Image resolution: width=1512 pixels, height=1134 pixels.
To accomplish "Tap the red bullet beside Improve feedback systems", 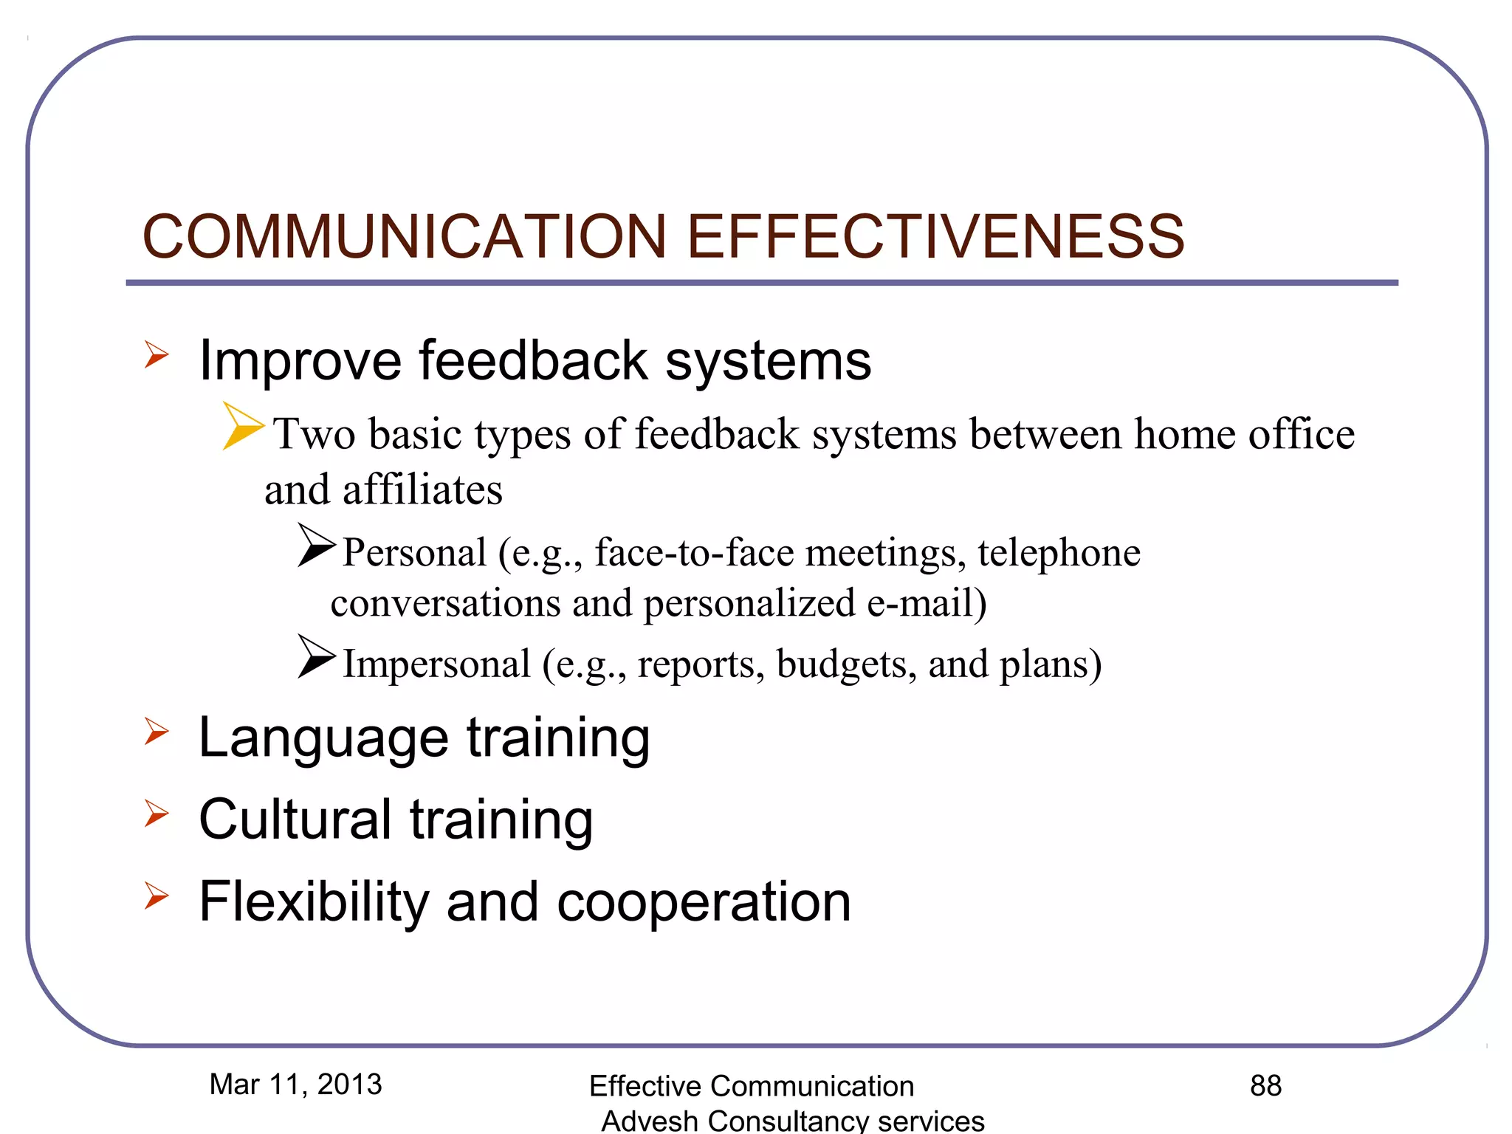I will (x=157, y=355).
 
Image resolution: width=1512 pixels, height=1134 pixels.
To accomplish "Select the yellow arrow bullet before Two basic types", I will (x=242, y=427).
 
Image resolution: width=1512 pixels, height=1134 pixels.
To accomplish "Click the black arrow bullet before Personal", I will (x=316, y=546).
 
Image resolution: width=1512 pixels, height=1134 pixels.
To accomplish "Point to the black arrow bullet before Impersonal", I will (x=316, y=656).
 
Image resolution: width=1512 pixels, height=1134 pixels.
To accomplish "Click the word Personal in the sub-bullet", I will (x=414, y=552).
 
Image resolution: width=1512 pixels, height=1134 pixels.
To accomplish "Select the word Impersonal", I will (x=436, y=664).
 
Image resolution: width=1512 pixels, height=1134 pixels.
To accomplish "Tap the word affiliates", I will (x=422, y=490).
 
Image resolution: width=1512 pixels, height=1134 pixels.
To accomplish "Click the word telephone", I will (x=1059, y=552).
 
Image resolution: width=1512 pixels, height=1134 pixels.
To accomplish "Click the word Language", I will (x=323, y=738).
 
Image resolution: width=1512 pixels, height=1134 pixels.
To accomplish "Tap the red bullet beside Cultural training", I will (x=157, y=814).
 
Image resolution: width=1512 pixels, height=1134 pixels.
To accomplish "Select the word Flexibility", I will (x=314, y=901).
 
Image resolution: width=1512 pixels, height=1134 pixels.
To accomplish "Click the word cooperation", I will (x=704, y=903).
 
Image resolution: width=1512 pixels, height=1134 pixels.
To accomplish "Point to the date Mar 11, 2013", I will (x=295, y=1085).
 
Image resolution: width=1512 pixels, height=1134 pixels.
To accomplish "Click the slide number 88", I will (x=1265, y=1086).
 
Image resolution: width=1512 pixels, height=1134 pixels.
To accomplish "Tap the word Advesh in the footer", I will (x=649, y=1121).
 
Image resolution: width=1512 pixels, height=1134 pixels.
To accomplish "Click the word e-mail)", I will (x=927, y=603).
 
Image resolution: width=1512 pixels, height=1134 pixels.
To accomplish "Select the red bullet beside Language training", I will (x=157, y=732).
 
